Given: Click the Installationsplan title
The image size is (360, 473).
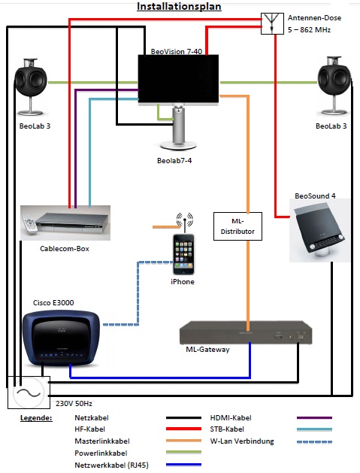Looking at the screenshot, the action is tap(179, 6).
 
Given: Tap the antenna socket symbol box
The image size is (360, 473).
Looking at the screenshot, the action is tap(272, 23).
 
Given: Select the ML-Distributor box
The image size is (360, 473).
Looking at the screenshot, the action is tap(237, 226).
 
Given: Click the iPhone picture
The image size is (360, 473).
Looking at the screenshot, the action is tap(183, 254).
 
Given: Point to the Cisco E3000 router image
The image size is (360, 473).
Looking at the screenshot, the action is tap(61, 338).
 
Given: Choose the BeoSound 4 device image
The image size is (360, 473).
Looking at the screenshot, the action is tap(319, 230).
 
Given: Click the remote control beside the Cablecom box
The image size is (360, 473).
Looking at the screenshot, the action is tap(29, 224).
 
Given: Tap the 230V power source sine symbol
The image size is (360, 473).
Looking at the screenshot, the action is tap(29, 393).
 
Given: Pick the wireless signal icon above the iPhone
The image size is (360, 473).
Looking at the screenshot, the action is tap(185, 220).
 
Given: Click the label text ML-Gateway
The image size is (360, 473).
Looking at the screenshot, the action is tap(207, 350).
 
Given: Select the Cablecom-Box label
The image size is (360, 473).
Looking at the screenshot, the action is tap(65, 249).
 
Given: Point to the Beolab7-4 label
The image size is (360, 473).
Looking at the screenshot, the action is tap(174, 160).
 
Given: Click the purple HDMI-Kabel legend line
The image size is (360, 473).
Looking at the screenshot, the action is tap(314, 418).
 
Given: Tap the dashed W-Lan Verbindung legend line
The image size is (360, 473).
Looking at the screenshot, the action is tap(314, 442).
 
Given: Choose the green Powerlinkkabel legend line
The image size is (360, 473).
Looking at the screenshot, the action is tap(183, 452).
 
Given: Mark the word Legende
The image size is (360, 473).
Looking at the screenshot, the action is tap(36, 418).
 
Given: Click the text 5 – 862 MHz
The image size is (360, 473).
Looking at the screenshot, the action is tap(309, 30).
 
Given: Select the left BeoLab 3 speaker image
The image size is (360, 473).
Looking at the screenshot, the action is tap(31, 87).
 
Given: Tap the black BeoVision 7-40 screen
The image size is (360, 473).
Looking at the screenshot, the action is tap(178, 79).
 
